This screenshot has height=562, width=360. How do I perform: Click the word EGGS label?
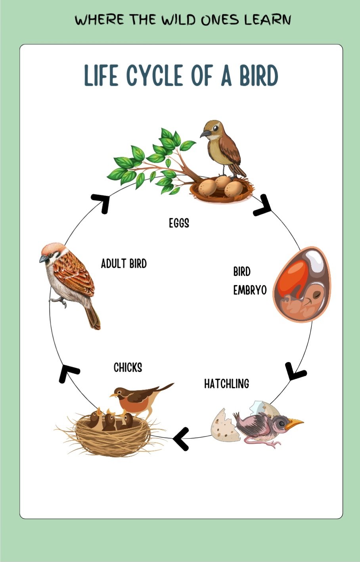(x=179, y=223)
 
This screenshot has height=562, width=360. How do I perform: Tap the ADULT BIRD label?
(x=124, y=263)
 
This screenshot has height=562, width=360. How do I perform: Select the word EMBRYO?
(x=249, y=290)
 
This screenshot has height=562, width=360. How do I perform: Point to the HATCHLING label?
(x=226, y=384)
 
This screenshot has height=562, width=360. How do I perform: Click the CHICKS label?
(x=128, y=368)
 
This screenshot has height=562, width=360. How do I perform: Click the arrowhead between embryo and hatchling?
(x=295, y=371)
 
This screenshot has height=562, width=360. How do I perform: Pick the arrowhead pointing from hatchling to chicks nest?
(x=181, y=438)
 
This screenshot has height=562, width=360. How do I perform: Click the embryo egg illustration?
(x=302, y=284)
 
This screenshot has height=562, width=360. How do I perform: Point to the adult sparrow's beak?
(x=44, y=259)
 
